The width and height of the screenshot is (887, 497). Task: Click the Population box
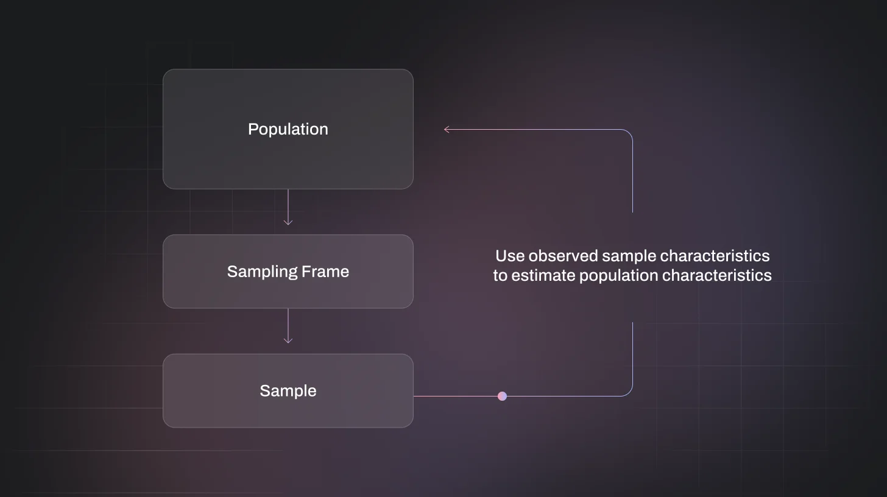point(288,129)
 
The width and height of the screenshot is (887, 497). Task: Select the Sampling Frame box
point(288,272)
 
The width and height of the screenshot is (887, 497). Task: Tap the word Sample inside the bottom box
point(288,391)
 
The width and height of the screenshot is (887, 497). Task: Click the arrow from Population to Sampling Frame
point(288,208)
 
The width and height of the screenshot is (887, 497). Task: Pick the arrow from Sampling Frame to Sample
point(288,326)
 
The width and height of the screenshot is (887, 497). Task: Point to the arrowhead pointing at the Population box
point(447,129)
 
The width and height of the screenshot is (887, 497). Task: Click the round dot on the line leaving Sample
point(502,396)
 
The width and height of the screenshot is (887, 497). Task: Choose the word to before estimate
point(500,276)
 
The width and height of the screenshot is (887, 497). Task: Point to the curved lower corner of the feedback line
point(628,392)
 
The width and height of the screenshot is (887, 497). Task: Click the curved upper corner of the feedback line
point(628,133)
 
